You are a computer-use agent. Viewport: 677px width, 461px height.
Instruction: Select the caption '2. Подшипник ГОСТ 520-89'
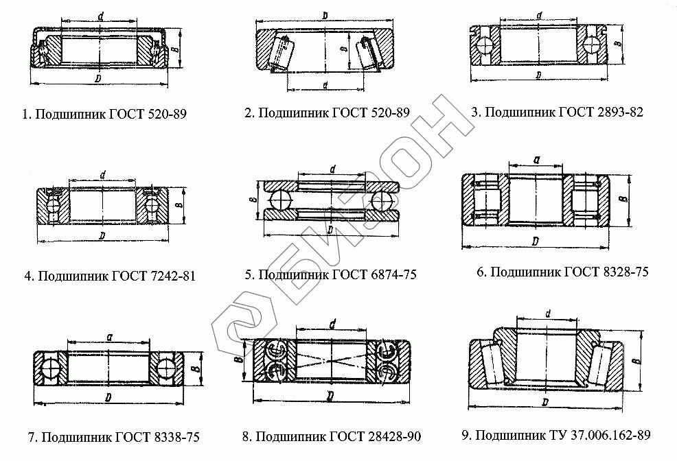(327, 113)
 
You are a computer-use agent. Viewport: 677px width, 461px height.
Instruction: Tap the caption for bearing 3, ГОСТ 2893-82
(557, 112)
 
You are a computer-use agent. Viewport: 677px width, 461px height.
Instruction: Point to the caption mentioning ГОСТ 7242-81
(110, 276)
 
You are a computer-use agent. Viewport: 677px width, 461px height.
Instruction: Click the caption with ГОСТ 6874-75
(330, 275)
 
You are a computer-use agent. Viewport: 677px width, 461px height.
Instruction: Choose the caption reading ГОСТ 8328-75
(562, 272)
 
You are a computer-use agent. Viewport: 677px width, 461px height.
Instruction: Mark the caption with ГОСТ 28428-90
(332, 437)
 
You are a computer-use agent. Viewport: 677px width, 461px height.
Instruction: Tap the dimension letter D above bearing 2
(323, 15)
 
